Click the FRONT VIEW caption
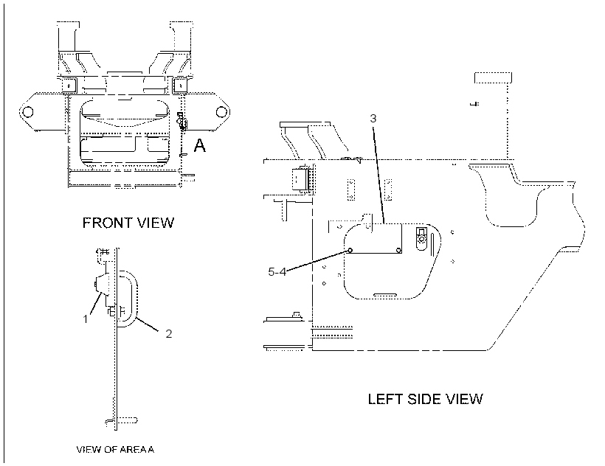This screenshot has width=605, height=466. pos(128,223)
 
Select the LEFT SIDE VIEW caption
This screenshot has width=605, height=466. pos(425,399)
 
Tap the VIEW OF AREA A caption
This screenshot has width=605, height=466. pos(115,450)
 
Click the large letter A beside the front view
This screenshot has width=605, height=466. pos(199,145)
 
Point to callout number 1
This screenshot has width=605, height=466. pos(86,319)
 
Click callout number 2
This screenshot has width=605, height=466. pos(169,334)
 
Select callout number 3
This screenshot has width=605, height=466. pos(373,118)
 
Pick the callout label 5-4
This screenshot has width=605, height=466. pos(277,272)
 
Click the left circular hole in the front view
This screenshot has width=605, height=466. pos(27,112)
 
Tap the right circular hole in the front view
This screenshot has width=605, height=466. pos(221,112)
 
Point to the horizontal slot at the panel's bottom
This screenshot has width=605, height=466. pos(384,295)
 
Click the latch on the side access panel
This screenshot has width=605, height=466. pos(422,239)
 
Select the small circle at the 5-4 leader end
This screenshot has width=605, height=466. pos(350,251)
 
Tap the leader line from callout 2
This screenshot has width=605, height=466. pos(147,324)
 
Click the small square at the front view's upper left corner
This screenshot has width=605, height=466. pos(70,84)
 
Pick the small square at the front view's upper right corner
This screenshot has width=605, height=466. pos(179,84)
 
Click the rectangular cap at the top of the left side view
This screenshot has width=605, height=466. pos(493,77)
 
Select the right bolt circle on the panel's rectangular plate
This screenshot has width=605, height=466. pos(398,251)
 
